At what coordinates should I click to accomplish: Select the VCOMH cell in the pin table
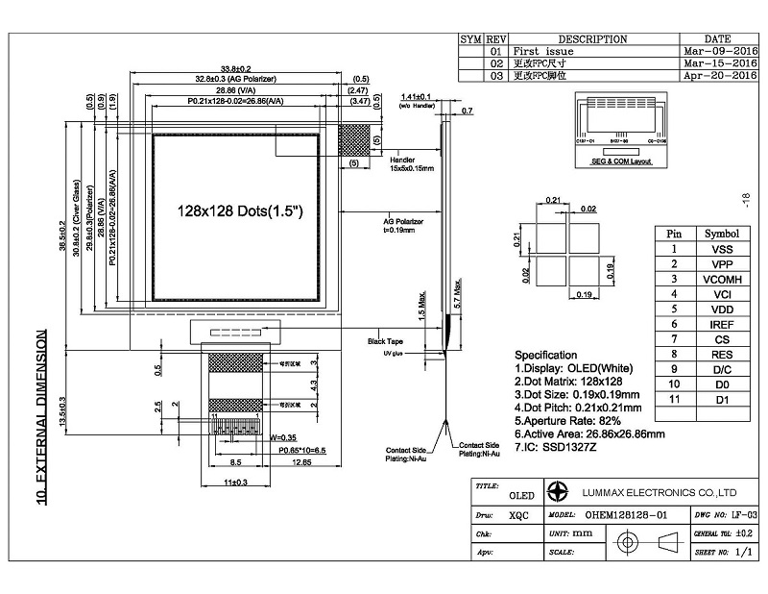click(721, 278)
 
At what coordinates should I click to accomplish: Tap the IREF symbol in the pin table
click(721, 325)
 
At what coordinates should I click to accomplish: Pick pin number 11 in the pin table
click(675, 399)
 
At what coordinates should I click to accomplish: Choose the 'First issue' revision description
click(543, 51)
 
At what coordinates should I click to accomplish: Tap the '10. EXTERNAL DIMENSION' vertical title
click(41, 417)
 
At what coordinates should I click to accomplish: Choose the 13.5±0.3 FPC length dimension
click(62, 410)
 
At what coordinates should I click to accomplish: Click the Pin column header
click(675, 233)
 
